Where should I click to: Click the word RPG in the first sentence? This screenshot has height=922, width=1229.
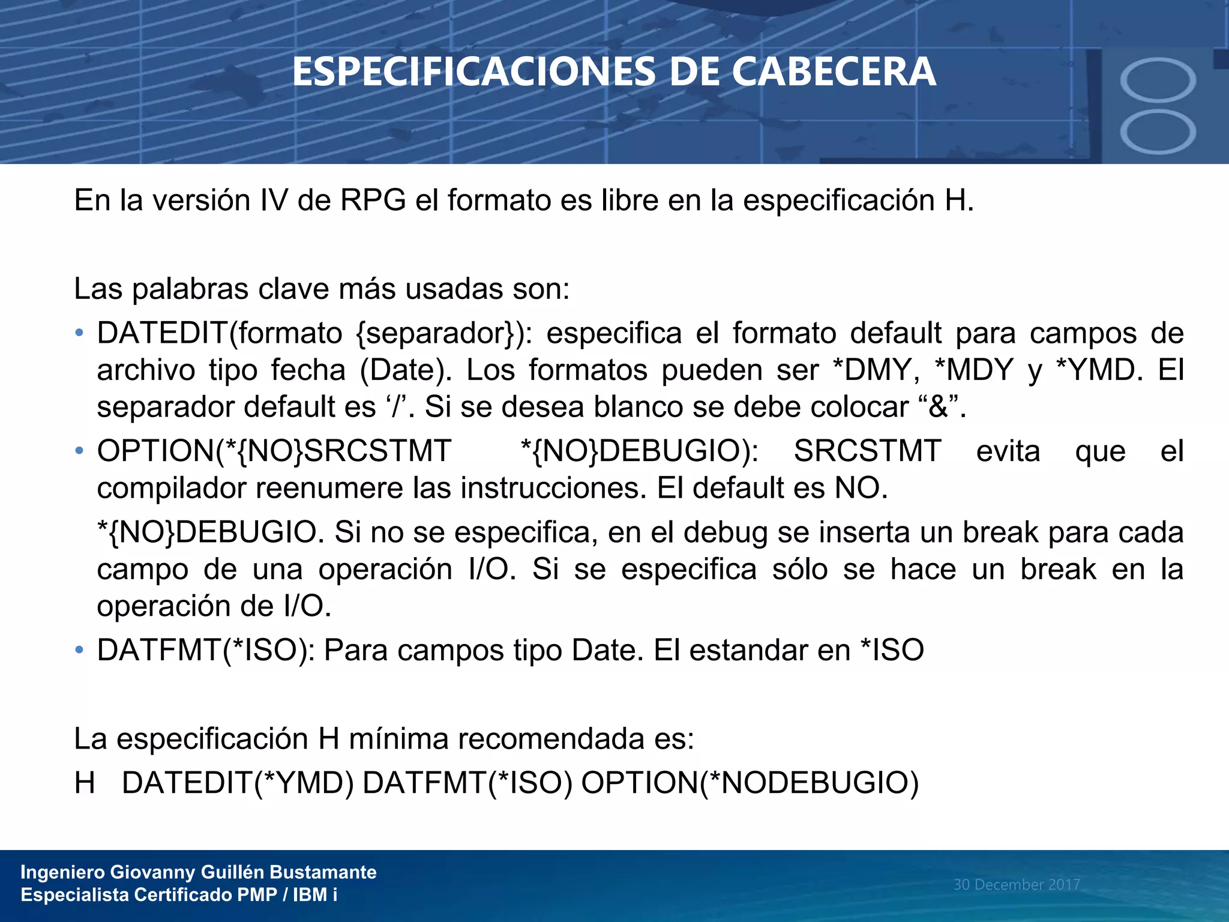click(373, 200)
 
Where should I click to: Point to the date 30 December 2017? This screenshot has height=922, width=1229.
click(1017, 884)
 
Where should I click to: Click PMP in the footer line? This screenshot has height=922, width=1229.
click(257, 895)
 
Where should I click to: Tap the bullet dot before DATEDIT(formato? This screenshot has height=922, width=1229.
click(79, 333)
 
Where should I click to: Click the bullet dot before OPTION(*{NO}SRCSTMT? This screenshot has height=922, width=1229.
click(79, 451)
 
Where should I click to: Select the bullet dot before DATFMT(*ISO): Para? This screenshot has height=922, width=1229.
click(79, 650)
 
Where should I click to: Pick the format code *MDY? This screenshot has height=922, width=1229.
click(975, 370)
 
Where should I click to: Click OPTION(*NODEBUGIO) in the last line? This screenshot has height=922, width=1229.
click(750, 783)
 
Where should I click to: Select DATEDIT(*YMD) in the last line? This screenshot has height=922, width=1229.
click(238, 783)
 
